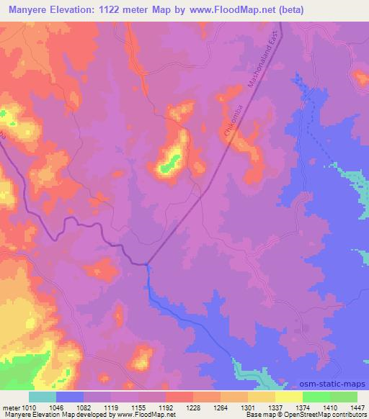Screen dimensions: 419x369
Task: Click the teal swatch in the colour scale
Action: [x=43, y=397]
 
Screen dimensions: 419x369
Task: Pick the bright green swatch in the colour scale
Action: [x=316, y=397]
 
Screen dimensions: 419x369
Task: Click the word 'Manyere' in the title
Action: [x=26, y=10]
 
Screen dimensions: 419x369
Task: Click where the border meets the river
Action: [x=147, y=263]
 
